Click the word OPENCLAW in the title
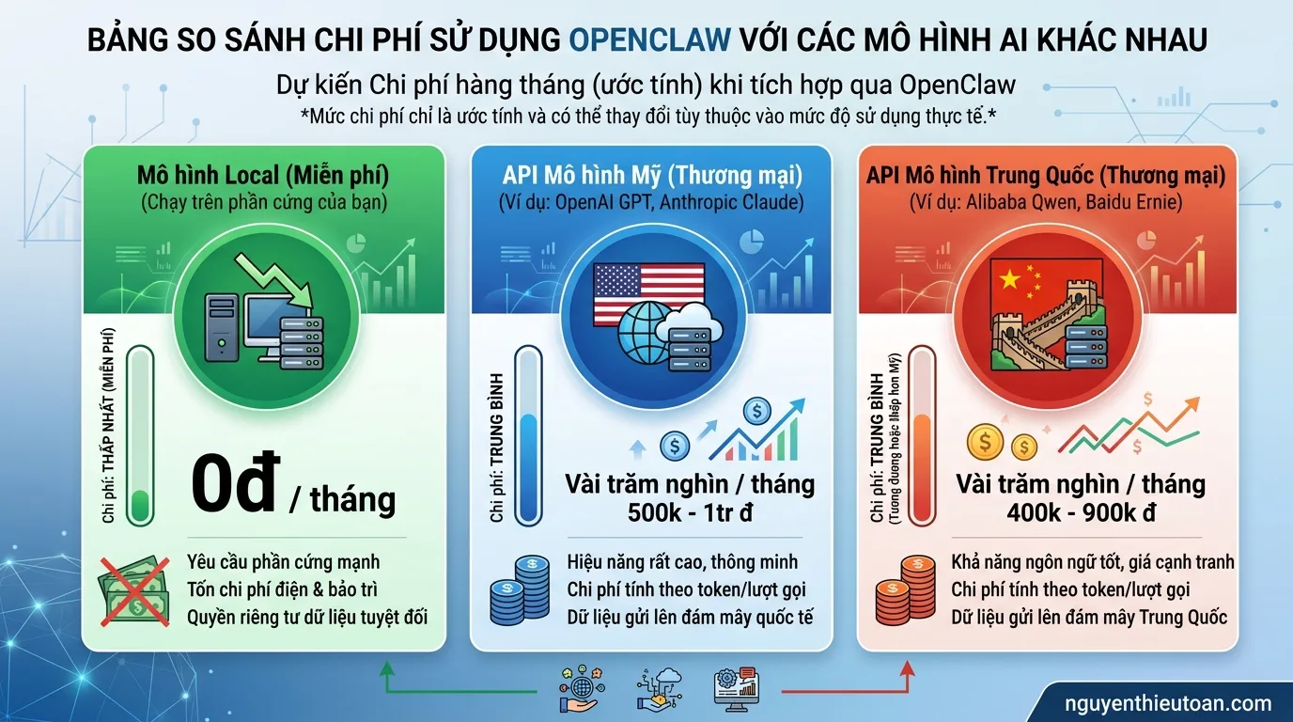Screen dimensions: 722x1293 pyautogui.click(x=650, y=40)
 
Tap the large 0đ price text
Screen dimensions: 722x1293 pyautogui.click(x=235, y=485)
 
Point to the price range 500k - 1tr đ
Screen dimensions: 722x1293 pyautogui.click(x=690, y=514)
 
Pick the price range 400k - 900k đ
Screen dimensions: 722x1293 pyautogui.click(x=1080, y=514)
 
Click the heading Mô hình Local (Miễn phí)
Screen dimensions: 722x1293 pyautogui.click(x=263, y=175)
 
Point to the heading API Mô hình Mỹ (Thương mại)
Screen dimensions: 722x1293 pyautogui.click(x=651, y=175)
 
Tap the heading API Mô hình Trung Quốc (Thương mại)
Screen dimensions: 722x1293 pyautogui.click(x=1046, y=175)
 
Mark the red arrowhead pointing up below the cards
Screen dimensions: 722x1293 pyautogui.click(x=907, y=669)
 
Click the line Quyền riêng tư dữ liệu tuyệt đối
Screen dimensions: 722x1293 pyautogui.click(x=307, y=618)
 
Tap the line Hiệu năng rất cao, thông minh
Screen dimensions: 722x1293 pyautogui.click(x=682, y=562)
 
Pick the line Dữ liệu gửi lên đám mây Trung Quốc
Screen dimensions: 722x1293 pyautogui.click(x=1089, y=618)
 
